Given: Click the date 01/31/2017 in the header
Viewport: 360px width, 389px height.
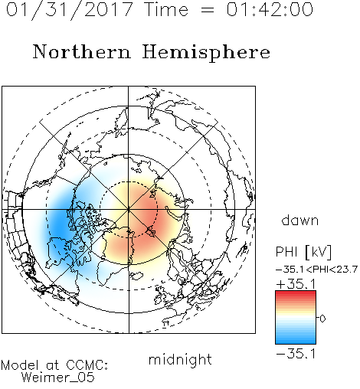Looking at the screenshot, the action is [69, 10].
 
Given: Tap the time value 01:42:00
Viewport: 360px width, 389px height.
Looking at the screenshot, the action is [270, 9].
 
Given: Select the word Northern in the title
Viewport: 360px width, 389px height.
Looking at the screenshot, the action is [82, 51].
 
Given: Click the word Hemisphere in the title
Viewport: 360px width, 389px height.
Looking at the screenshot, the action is [206, 53].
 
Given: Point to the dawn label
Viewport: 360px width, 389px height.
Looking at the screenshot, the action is [300, 220].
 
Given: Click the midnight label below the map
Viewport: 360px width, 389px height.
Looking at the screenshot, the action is [180, 359].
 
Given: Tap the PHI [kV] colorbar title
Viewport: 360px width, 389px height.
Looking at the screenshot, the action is [303, 252].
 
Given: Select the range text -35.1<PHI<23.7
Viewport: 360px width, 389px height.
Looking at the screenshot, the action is [316, 270].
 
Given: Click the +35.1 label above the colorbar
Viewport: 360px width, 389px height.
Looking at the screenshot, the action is [296, 284].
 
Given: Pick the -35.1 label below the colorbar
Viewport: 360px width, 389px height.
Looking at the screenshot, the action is [296, 354].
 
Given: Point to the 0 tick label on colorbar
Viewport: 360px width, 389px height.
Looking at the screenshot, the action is [322, 319].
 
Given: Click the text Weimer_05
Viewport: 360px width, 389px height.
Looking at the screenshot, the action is [58, 377].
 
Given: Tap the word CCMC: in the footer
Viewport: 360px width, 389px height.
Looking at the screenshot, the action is [87, 365].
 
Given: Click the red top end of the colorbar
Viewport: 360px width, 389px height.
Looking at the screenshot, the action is [296, 293].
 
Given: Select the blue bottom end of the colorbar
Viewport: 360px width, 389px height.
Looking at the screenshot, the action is [296, 342].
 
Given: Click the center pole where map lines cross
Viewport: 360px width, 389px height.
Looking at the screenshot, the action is [129, 209].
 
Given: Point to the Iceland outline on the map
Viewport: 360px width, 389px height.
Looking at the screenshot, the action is [137, 276].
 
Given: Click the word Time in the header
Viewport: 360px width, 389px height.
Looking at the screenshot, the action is [166, 9].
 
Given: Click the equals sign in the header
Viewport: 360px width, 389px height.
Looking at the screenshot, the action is [208, 10].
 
